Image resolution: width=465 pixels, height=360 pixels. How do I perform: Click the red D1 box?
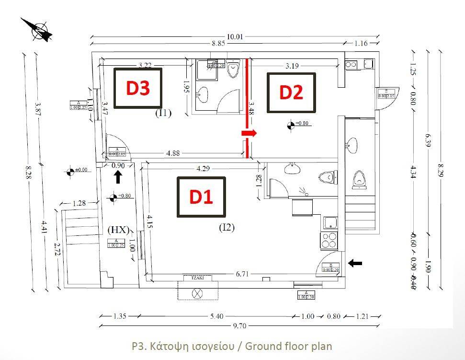click(x=201, y=197)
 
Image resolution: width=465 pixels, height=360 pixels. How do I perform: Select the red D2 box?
click(x=291, y=93)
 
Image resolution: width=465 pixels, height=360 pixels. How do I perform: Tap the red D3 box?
click(x=138, y=88)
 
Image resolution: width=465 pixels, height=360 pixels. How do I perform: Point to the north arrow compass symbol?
click(x=38, y=30)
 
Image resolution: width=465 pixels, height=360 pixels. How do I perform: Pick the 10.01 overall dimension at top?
click(x=235, y=36)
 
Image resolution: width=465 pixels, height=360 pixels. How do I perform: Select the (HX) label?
click(x=119, y=230)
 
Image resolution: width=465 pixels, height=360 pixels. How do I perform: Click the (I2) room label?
click(x=227, y=228)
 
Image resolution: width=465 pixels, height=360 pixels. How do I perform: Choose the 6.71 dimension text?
click(x=242, y=273)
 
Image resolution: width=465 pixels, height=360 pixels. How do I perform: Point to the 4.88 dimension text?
click(x=173, y=153)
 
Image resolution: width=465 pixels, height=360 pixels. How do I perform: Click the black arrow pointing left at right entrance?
click(x=355, y=263)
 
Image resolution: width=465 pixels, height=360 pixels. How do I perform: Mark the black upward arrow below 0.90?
click(x=117, y=178)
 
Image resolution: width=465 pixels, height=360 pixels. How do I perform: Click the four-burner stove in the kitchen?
click(x=329, y=240)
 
